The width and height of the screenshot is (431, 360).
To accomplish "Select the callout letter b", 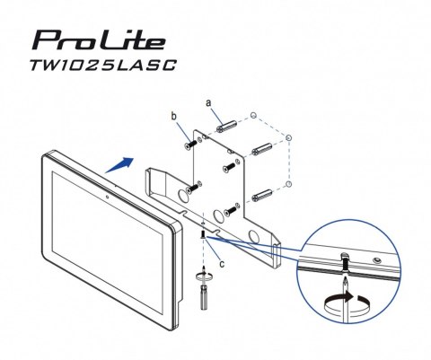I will pos(176,118).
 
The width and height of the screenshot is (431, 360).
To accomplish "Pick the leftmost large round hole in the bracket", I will pos(191,192).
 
